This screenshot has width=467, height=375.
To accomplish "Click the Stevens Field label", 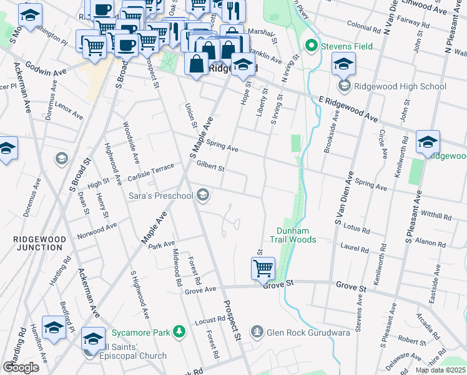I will pyautogui.click(x=347, y=46).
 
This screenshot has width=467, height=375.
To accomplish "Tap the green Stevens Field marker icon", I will pyautogui.click(x=312, y=46).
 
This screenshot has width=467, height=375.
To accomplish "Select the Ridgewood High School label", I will pyautogui.click(x=400, y=86).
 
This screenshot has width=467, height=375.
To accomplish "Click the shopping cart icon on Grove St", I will pyautogui.click(x=263, y=269).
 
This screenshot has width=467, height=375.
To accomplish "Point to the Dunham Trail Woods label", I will pyautogui.click(x=293, y=234).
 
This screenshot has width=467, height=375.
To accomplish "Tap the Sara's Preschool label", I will pyautogui.click(x=160, y=196).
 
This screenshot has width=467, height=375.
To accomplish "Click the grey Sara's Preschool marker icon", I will pyautogui.click(x=202, y=196).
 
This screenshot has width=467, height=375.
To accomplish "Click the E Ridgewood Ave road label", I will pyautogui.click(x=348, y=109).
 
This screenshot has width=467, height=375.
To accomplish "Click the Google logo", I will pyautogui.click(x=21, y=367).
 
